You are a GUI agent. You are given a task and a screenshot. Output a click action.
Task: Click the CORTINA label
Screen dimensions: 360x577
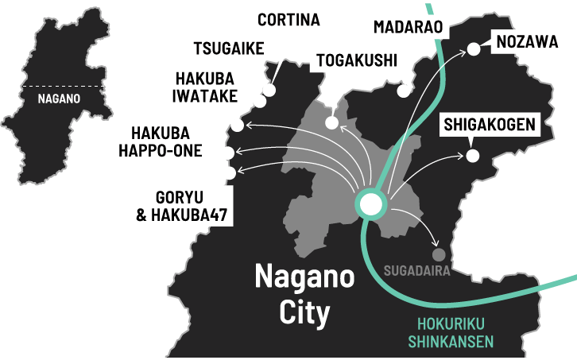pos(287,19)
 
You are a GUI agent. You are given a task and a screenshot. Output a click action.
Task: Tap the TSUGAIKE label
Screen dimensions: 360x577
pos(226,48)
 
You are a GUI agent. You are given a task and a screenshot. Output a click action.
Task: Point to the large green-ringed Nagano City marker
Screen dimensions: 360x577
pos(370,204)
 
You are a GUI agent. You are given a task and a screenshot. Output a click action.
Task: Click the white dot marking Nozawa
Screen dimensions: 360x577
pos(474,49)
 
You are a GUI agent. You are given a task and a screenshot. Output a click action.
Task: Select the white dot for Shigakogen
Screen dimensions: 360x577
pos(473,155)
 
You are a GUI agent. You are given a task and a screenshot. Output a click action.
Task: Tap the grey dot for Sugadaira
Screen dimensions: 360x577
pos(438,255)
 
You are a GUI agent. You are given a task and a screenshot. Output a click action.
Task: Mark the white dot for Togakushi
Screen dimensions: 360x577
pos(332,123)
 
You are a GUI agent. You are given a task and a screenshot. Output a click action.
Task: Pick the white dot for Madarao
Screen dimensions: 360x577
pos(404,91)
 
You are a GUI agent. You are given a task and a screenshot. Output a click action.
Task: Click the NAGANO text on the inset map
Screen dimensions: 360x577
pos(59,101)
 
